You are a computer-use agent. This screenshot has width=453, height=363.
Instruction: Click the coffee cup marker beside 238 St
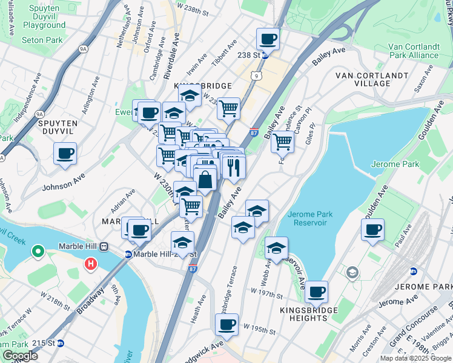click(x=268, y=40)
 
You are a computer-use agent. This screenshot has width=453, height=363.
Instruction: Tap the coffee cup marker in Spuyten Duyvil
click(x=65, y=154)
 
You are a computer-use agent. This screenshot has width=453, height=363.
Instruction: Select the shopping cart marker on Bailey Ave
click(x=282, y=142)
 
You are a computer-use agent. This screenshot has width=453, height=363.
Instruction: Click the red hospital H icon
click(x=91, y=264)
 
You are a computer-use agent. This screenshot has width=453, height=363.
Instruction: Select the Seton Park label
click(x=42, y=40)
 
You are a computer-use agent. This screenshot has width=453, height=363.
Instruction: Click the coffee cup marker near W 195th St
click(x=226, y=325)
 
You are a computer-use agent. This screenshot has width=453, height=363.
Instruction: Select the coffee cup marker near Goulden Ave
click(x=372, y=230)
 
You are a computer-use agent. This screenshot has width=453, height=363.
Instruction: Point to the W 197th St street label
click(x=267, y=295)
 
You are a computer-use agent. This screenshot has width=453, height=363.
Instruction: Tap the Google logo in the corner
click(x=20, y=356)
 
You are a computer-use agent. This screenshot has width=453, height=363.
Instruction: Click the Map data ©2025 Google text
click(x=415, y=358)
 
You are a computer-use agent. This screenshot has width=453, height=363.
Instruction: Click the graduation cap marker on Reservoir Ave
click(x=276, y=248)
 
